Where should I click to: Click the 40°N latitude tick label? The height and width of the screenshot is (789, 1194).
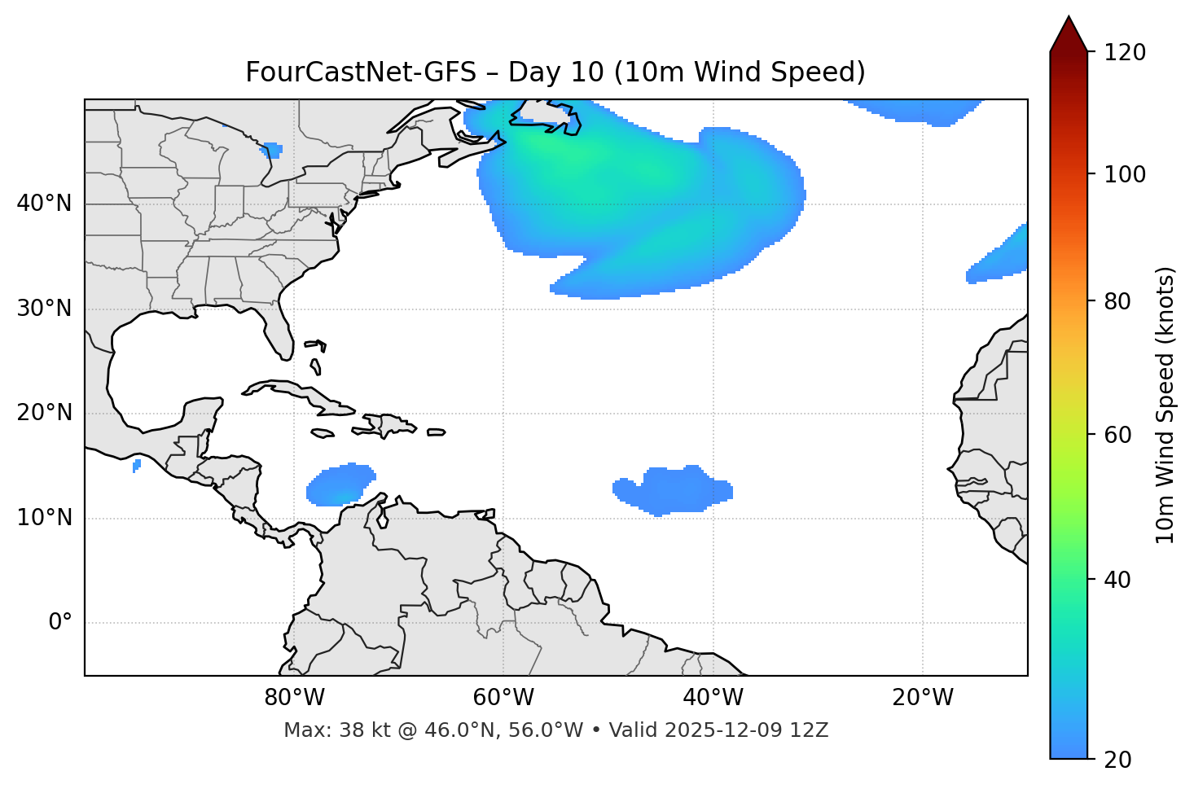[x=44, y=204]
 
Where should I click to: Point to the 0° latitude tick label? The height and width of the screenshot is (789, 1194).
[x=60, y=623]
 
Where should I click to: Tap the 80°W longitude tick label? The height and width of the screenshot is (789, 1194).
[x=294, y=698]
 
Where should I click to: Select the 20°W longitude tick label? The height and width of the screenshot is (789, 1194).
[x=923, y=698]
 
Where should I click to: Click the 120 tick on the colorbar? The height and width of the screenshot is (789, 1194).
[x=1125, y=53]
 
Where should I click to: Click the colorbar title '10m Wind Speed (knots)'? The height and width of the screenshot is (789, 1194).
[x=1165, y=405]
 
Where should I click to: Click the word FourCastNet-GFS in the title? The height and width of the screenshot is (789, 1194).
[x=361, y=72]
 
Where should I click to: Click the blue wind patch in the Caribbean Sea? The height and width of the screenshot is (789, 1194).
[x=340, y=485]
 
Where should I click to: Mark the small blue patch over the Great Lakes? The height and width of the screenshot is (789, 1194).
[x=272, y=150]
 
